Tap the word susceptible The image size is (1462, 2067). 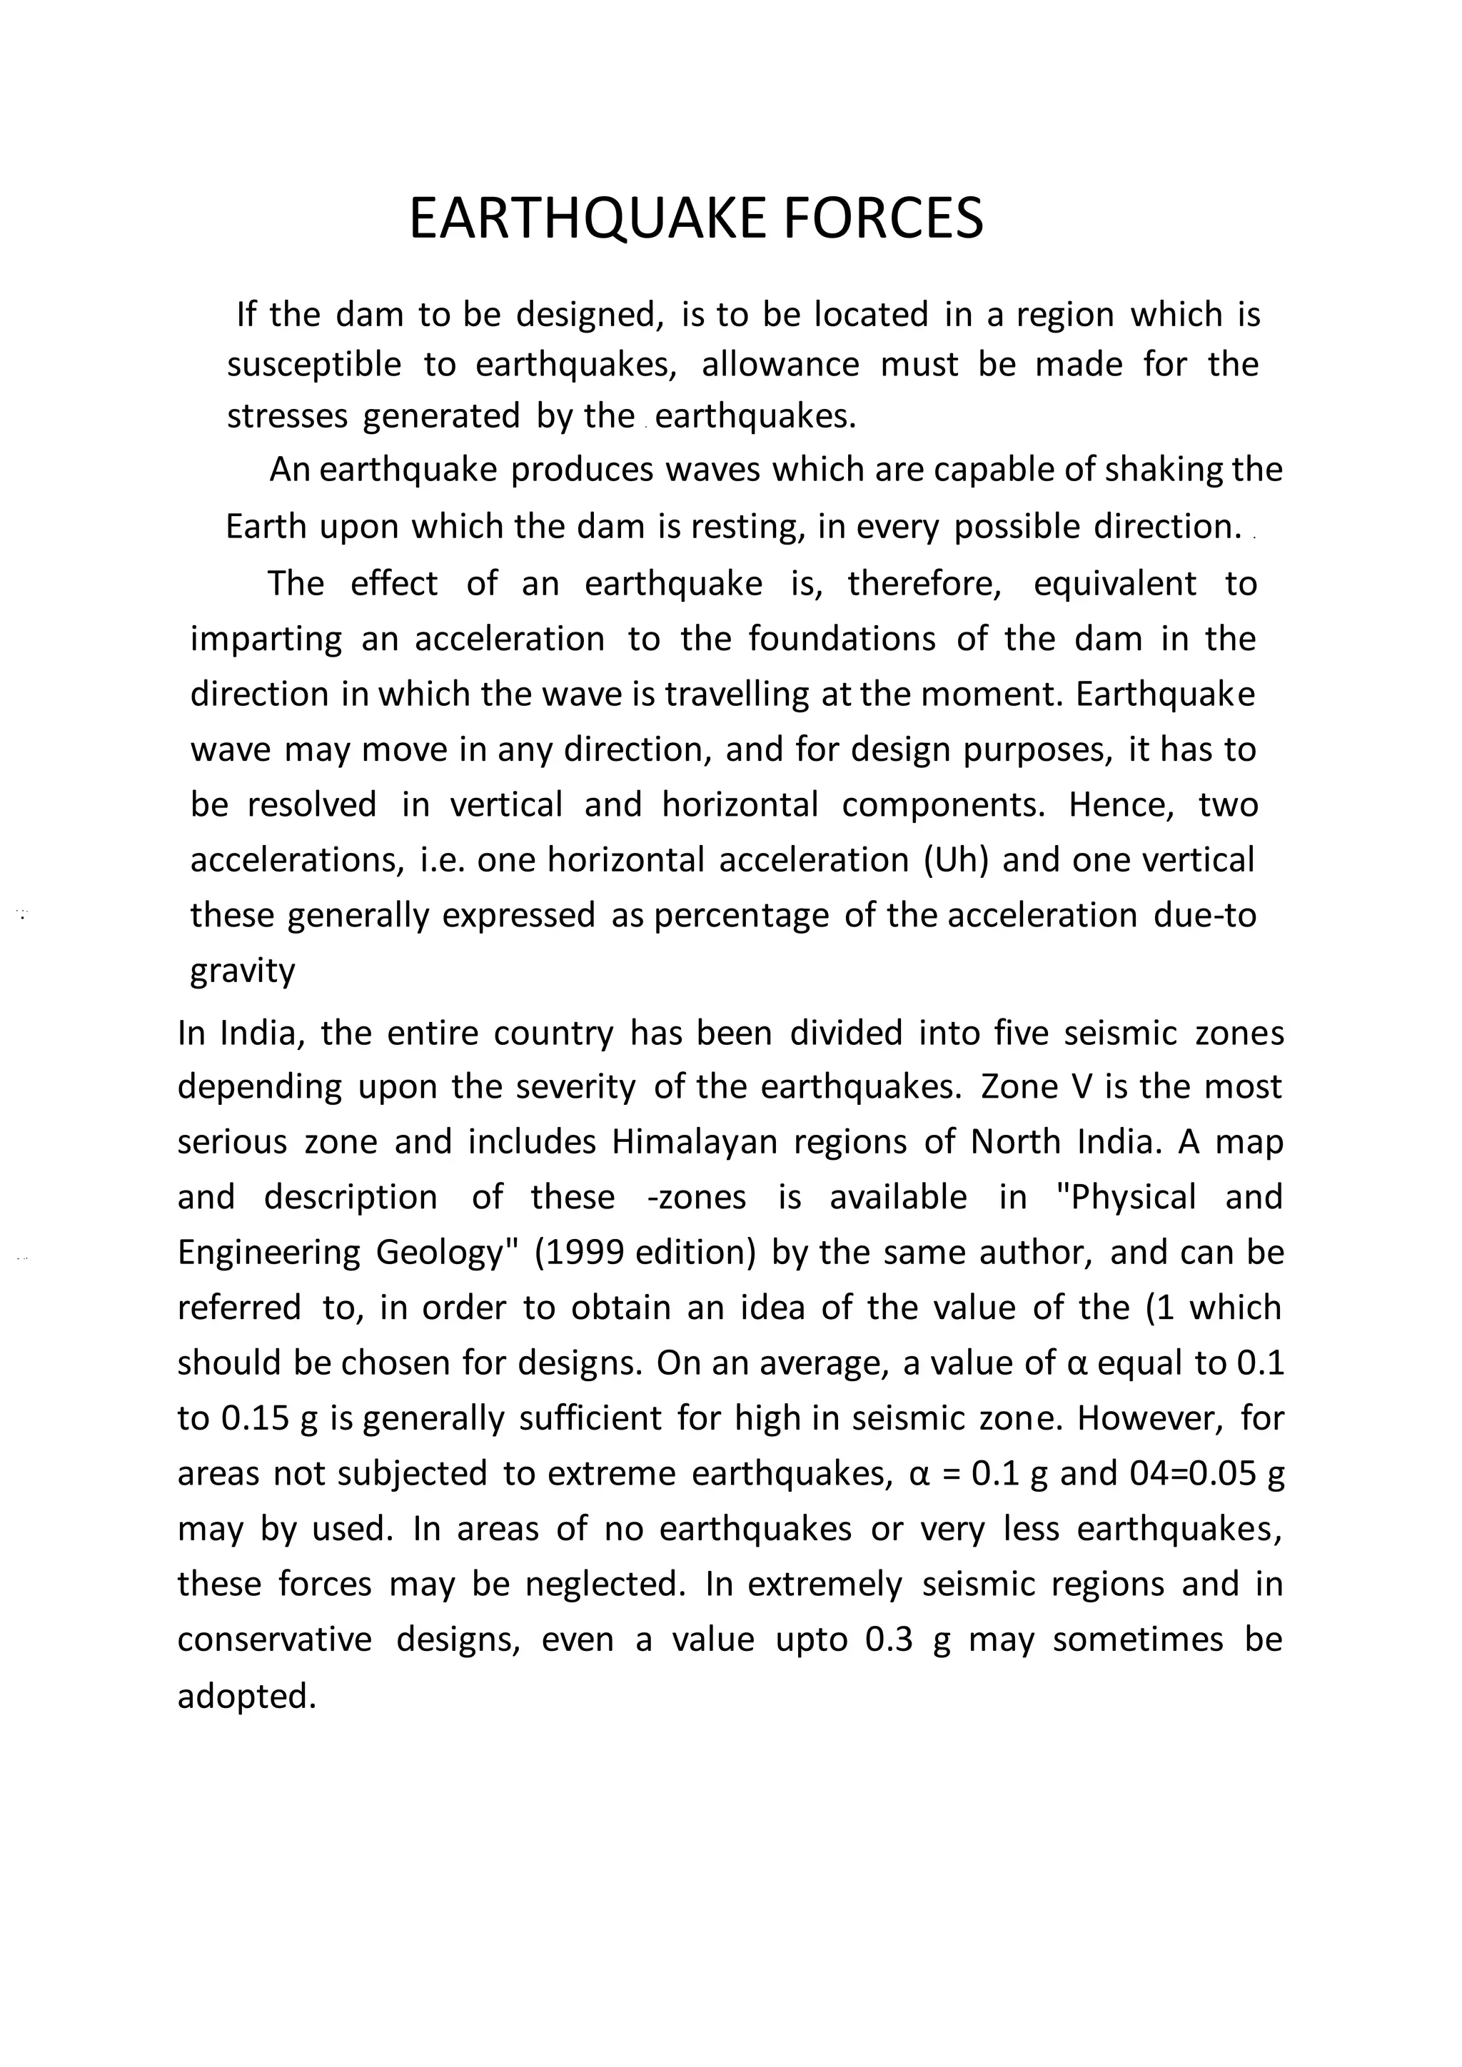coord(314,365)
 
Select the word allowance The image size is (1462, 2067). coord(780,365)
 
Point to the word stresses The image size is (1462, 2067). coord(286,417)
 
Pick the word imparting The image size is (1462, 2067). coord(266,640)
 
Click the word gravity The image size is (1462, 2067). coord(242,971)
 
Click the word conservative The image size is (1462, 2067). coord(273,1640)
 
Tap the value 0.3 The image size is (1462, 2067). coord(889,1640)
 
